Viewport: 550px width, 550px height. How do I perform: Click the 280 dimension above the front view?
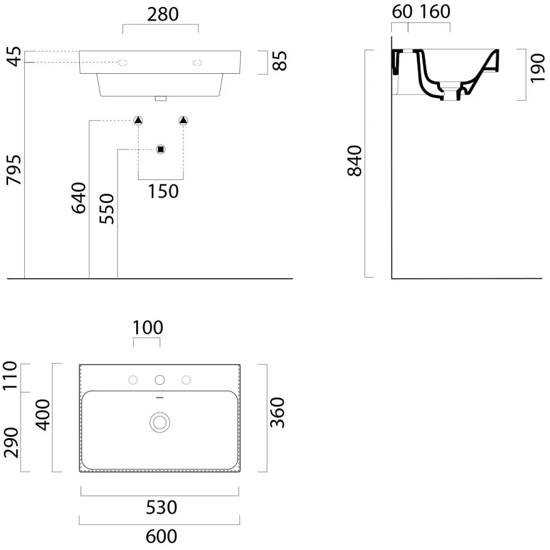pyautogui.click(x=162, y=14)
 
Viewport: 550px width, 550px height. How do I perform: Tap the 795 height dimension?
pyautogui.click(x=14, y=170)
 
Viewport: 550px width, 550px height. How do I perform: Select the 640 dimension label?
pyautogui.click(x=79, y=198)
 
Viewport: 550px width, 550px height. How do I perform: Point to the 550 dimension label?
pyautogui.click(x=107, y=209)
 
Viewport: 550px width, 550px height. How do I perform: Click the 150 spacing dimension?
pyautogui.click(x=163, y=191)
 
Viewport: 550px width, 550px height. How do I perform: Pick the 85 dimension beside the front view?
pyautogui.click(x=279, y=61)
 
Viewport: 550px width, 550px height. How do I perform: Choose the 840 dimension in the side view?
pyautogui.click(x=354, y=161)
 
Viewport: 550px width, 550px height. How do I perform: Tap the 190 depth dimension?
pyautogui.click(x=537, y=68)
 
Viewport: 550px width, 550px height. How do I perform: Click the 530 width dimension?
pyautogui.click(x=161, y=507)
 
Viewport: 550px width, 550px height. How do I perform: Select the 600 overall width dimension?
pyautogui.click(x=161, y=536)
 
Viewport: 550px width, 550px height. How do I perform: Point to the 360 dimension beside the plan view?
pyautogui.click(x=277, y=412)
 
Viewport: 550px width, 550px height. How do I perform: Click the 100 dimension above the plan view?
pyautogui.click(x=147, y=328)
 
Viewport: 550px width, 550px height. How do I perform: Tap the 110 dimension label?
pyautogui.click(x=11, y=375)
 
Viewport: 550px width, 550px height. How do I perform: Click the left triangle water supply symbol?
pyautogui.click(x=138, y=121)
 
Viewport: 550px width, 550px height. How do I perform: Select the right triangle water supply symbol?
pyautogui.click(x=183, y=121)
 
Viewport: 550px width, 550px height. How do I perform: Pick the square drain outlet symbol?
pyautogui.click(x=161, y=149)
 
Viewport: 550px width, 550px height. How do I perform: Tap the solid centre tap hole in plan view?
pyautogui.click(x=159, y=380)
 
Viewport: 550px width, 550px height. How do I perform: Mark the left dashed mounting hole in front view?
pyautogui.click(x=122, y=62)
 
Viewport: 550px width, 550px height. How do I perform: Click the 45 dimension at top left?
pyautogui.click(x=14, y=56)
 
